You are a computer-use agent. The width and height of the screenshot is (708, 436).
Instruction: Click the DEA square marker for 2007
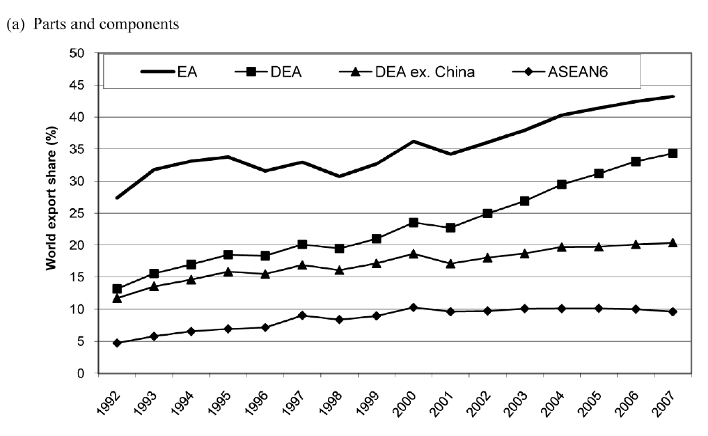[x=672, y=153]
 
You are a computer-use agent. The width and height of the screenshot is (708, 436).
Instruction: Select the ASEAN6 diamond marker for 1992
[x=118, y=343]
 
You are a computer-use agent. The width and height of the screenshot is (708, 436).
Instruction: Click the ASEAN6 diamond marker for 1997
[x=302, y=316]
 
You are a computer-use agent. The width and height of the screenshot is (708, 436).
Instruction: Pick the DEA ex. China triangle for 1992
[x=118, y=297]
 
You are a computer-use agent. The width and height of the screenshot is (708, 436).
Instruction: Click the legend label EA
[x=188, y=72]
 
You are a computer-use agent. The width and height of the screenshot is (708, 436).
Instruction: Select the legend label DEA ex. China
[x=431, y=72]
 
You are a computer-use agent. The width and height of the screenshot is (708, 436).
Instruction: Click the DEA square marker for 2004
[x=562, y=185]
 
